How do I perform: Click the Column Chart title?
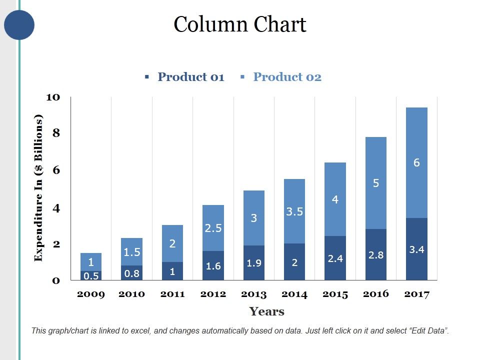click(x=239, y=24)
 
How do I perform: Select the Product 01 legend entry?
click(x=190, y=77)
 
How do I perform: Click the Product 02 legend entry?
click(x=286, y=77)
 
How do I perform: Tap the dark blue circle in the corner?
click(x=19, y=25)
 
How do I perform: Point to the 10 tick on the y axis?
click(x=53, y=97)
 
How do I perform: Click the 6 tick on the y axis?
click(x=56, y=170)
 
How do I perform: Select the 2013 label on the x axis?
click(x=253, y=294)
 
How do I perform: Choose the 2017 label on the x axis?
click(x=416, y=294)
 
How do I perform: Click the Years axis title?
click(x=266, y=311)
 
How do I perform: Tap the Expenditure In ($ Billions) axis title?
click(x=38, y=188)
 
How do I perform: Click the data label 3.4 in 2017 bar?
click(x=416, y=249)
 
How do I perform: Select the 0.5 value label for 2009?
click(x=91, y=275)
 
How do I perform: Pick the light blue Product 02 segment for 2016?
click(x=376, y=183)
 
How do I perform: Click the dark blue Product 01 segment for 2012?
click(x=213, y=265)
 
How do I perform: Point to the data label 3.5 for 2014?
click(x=294, y=211)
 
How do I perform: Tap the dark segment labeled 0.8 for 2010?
click(x=132, y=273)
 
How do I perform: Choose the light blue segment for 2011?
click(x=172, y=243)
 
